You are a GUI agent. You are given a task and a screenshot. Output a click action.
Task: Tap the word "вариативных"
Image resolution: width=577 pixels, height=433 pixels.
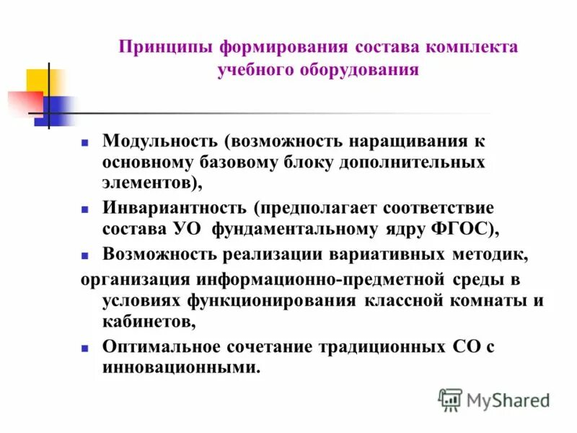click(376, 254)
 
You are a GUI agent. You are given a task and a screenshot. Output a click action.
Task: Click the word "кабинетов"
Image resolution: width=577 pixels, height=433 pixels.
click(147, 320)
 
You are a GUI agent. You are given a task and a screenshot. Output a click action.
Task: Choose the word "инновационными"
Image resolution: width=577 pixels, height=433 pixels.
click(180, 367)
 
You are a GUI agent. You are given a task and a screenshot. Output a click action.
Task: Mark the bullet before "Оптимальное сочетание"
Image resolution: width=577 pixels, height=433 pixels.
click(84, 348)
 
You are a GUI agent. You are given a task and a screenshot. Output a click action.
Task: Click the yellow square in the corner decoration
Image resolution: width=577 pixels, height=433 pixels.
click(38, 80)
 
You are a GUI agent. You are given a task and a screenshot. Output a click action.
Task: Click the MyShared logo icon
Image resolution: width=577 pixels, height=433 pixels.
click(450, 399)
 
